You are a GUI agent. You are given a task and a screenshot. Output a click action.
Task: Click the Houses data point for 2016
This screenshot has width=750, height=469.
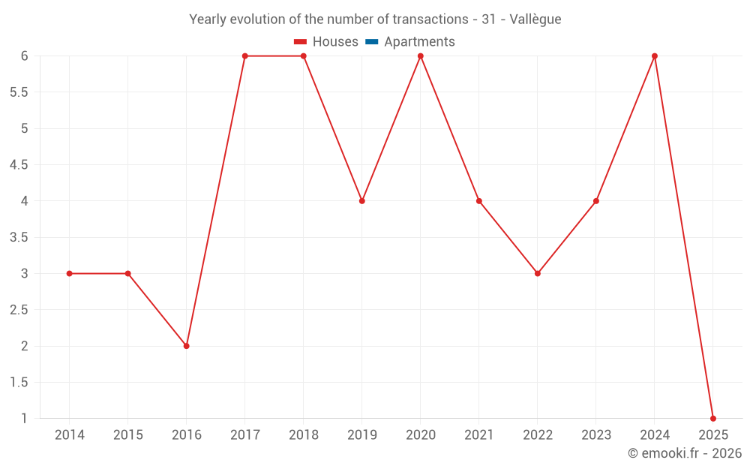[187, 346]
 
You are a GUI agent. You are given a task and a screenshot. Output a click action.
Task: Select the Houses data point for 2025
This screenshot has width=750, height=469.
[713, 419]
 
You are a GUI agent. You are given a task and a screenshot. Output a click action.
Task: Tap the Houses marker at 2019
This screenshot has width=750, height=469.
[362, 201]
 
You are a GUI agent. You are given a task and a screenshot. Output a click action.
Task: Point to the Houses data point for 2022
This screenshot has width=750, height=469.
[538, 273]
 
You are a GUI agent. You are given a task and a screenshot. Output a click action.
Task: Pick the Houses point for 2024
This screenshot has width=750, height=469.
[655, 56]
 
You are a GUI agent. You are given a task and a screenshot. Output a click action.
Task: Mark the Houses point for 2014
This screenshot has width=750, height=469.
[70, 273]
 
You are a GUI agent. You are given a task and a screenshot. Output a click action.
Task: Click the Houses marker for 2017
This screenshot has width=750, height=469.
[245, 56]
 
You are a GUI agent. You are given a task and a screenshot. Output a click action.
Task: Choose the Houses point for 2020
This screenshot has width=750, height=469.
[421, 56]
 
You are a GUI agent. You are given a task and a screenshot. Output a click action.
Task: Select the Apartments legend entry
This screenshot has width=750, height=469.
[419, 42]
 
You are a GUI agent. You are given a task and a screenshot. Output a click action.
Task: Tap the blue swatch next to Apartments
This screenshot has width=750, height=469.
[371, 42]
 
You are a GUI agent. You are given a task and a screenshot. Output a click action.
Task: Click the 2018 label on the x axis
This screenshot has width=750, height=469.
[304, 435]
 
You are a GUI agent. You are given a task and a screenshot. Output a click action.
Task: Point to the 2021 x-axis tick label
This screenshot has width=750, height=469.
[479, 435]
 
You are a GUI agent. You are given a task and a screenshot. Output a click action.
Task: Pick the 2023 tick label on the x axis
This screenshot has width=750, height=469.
[596, 435]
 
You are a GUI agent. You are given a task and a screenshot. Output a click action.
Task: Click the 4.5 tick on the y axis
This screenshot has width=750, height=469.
[19, 165]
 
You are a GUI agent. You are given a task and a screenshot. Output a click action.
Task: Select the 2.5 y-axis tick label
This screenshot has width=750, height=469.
[19, 310]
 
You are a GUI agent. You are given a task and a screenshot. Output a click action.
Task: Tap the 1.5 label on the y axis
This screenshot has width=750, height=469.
[19, 383]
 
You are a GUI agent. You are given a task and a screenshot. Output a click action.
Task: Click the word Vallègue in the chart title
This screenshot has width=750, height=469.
[535, 20]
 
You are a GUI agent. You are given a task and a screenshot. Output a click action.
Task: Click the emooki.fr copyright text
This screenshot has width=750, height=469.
[685, 453]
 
